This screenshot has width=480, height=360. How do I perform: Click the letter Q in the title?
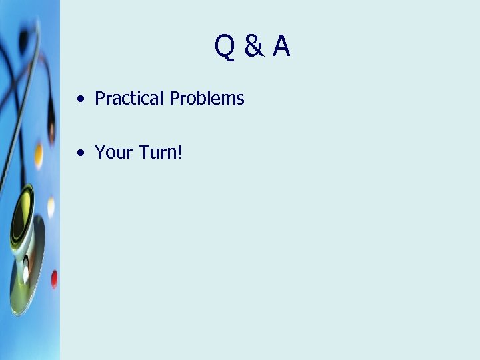224,47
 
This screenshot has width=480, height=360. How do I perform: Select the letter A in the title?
281,47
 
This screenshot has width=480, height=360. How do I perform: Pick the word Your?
114,153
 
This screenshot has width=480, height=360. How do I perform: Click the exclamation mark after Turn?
179,153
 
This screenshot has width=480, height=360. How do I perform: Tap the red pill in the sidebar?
54,278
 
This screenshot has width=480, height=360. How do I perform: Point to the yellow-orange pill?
39,155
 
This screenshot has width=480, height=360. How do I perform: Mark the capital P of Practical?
101,99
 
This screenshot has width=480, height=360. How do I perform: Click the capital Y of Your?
101,153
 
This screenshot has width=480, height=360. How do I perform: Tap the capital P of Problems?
175,99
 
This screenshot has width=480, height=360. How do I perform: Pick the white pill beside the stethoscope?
51,207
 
